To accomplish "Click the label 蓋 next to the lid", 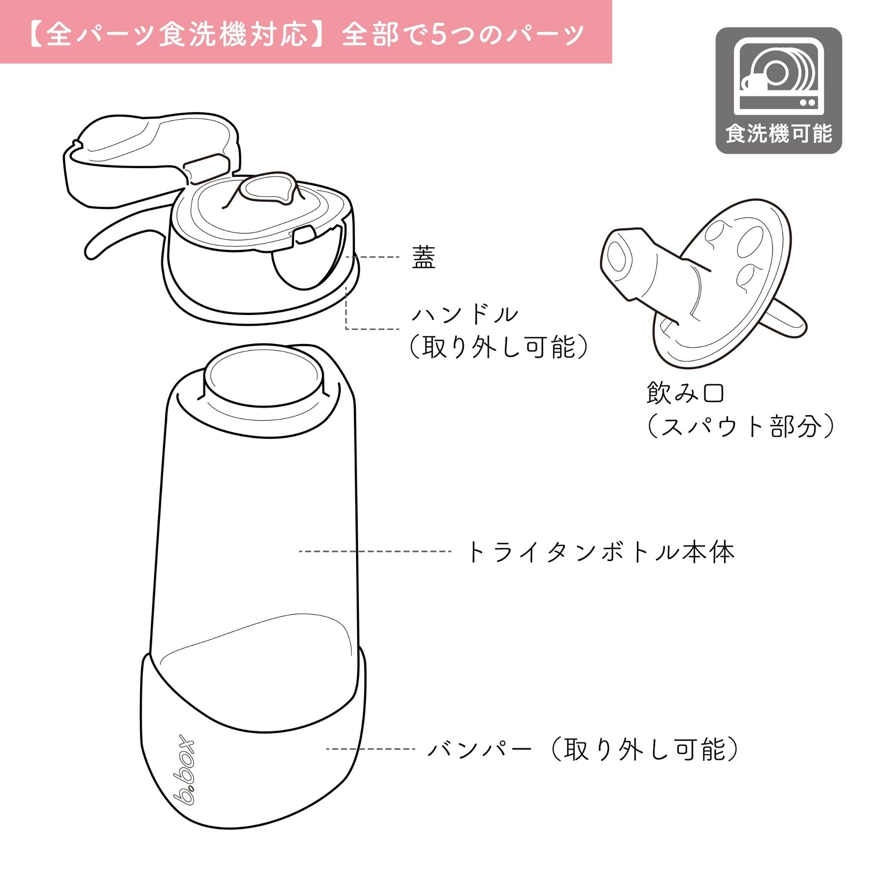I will pyautogui.click(x=423, y=258).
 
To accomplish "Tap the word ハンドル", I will pyautogui.click(x=465, y=315).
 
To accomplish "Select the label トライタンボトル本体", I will pyautogui.click(x=600, y=552).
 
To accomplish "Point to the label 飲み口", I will pyautogui.click(x=685, y=393).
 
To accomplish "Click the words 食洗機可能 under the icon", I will pyautogui.click(x=778, y=134).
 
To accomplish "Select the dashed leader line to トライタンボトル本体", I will pyautogui.click(x=375, y=551).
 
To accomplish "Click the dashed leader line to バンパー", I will pyautogui.click(x=370, y=749).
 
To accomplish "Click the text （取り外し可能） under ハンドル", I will pyautogui.click(x=499, y=347).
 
